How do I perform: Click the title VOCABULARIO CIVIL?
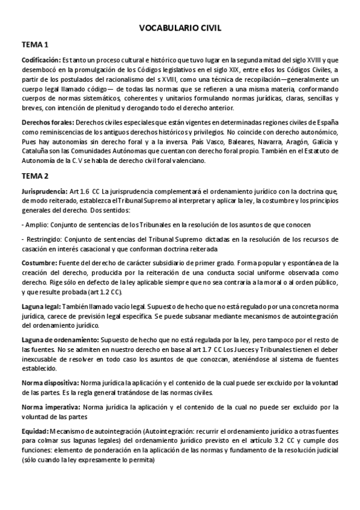180,28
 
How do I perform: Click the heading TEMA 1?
35,45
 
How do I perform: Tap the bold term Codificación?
41,60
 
